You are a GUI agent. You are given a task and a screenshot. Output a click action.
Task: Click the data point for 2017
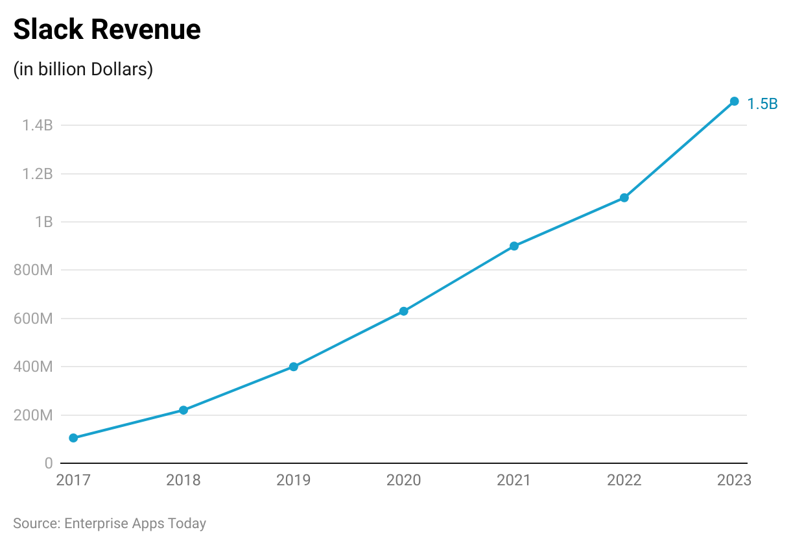click(x=73, y=438)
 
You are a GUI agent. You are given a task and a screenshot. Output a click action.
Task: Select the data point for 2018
click(x=183, y=410)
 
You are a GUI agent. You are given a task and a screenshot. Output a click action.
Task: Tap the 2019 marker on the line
click(x=294, y=367)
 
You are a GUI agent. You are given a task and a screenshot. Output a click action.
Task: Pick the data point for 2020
click(x=403, y=311)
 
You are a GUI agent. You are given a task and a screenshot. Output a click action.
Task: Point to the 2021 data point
click(x=514, y=246)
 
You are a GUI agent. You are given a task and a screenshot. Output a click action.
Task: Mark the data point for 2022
click(x=624, y=198)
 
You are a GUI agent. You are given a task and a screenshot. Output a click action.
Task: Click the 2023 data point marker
click(x=734, y=101)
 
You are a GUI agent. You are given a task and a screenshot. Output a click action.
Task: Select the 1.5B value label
click(x=763, y=104)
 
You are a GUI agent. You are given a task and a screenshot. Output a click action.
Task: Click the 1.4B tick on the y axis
click(x=38, y=125)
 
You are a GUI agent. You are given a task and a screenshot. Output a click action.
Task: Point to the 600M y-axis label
click(x=33, y=319)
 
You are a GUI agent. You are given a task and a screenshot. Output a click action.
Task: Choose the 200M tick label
click(x=33, y=415)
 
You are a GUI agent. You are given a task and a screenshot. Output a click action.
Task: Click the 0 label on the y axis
click(x=49, y=463)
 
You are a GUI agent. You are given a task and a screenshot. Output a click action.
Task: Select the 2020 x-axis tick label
click(x=403, y=481)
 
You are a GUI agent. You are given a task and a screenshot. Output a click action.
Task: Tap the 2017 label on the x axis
click(x=73, y=481)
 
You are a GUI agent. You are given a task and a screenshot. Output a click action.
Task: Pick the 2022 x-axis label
click(x=624, y=481)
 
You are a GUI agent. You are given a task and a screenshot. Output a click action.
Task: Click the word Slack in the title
click(x=49, y=30)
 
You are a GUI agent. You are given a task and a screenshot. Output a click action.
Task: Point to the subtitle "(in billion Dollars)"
click(x=83, y=69)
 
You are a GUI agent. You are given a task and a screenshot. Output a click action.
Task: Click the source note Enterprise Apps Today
click(x=135, y=523)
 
